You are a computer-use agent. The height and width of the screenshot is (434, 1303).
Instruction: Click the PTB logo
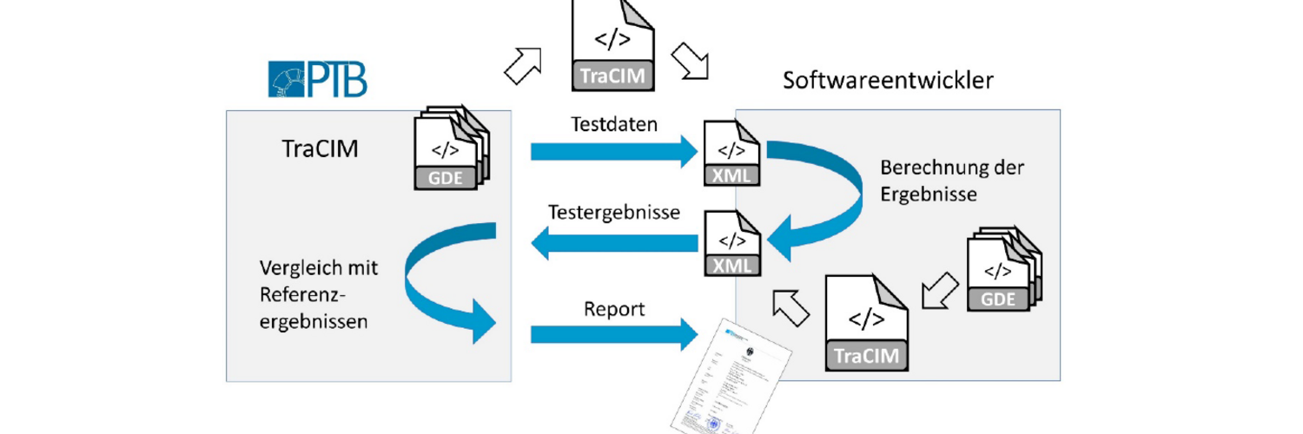coord(317,78)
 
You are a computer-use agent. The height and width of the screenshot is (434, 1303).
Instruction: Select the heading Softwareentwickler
coord(888,81)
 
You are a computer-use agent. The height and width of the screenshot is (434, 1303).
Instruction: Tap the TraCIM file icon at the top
coord(613,45)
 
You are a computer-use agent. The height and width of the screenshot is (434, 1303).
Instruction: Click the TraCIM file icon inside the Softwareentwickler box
coord(866,322)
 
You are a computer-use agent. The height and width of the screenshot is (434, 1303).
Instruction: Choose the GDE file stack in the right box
coord(1003,269)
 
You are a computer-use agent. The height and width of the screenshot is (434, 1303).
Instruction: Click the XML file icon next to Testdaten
coord(731,154)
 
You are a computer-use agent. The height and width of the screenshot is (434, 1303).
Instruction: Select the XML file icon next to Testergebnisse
coord(731,243)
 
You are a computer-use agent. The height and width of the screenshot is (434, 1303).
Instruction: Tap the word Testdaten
coord(614,124)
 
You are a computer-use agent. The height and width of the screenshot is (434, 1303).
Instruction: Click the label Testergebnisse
coord(613,213)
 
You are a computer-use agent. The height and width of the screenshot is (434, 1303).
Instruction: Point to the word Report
coord(613,309)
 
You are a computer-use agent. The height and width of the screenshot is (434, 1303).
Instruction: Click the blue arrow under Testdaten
coord(614,153)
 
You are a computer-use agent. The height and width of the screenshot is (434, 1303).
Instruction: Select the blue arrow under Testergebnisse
coord(614,243)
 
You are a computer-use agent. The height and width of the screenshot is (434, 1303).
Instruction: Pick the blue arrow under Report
coord(614,334)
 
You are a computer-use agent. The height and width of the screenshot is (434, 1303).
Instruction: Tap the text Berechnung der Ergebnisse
coord(941,181)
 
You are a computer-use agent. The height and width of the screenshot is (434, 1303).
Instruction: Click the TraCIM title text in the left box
coord(320,149)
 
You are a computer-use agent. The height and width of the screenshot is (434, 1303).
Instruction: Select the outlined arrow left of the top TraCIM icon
coord(523,65)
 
